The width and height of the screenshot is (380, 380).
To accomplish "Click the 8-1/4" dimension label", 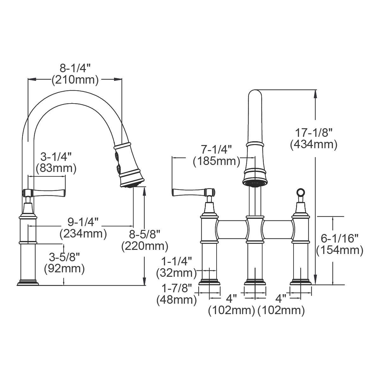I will pos(75,67).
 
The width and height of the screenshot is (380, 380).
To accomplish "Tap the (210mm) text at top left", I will pos(75,80).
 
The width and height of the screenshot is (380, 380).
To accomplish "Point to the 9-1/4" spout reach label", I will pos(83,222).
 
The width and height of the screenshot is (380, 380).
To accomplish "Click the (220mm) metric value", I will pos(145,246).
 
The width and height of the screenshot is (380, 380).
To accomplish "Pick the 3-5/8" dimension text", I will pos(64,256).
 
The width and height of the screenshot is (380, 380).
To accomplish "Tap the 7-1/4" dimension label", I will pos(216,149).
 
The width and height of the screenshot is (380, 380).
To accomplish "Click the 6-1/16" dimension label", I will pos(339,237).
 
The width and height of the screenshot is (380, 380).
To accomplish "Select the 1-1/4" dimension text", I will pos(177,261).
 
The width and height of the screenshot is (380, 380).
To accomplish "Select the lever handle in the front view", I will pos(190,192).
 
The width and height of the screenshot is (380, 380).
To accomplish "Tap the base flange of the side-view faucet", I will pos(28,282).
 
